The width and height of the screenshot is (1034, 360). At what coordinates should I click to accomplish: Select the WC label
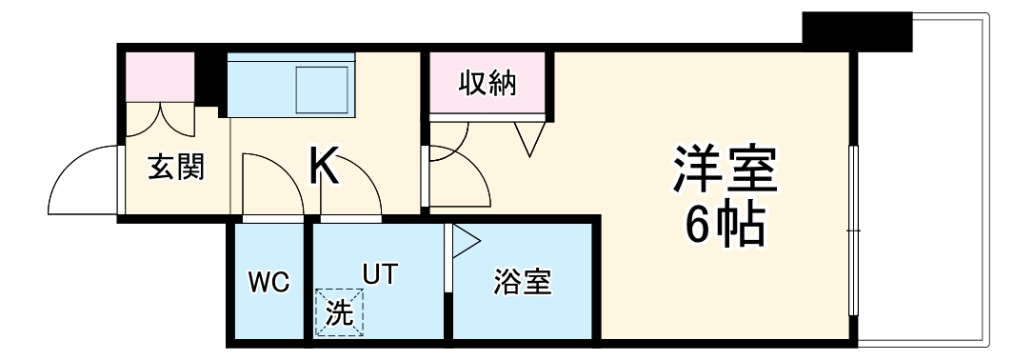coord(268,282)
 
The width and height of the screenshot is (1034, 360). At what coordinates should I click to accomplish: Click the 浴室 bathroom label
coord(522,282)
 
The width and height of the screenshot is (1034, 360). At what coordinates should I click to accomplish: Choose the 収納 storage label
coord(487,84)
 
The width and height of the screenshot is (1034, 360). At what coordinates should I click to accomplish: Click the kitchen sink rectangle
coord(324,90)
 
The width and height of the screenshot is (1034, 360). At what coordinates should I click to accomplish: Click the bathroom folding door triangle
coord(465,240)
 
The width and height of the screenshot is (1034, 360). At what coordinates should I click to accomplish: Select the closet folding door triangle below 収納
coord(528,139)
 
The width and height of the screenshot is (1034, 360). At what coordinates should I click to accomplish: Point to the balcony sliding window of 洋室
coord(854,229)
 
